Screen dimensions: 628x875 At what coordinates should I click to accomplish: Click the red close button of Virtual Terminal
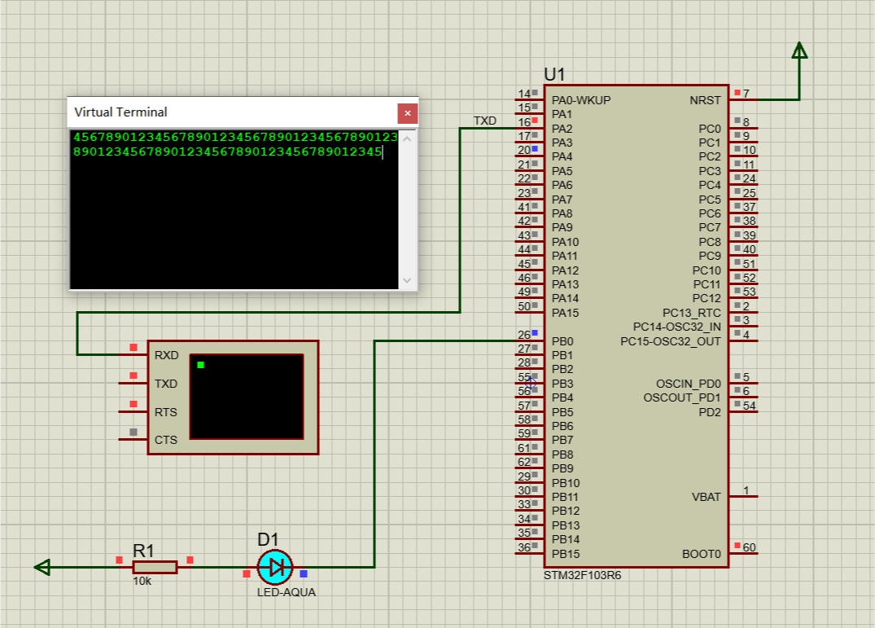[407, 112]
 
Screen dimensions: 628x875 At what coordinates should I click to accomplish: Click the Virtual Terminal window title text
[120, 112]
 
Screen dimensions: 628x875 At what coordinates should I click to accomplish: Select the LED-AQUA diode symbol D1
[275, 567]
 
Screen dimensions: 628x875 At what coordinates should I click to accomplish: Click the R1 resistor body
[155, 567]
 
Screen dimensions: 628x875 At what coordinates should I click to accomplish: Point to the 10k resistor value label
[142, 582]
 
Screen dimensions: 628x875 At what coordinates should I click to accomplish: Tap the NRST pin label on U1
[705, 100]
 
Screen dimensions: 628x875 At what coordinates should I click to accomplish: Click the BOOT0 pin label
[702, 554]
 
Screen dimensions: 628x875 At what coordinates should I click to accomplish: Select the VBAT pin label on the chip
[706, 497]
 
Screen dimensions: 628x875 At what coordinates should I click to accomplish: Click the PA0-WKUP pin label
[581, 100]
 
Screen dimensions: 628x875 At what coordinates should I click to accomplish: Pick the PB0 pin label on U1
[562, 341]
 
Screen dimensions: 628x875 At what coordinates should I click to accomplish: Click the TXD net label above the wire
[485, 121]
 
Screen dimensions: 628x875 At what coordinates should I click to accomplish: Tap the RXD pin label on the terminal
[166, 355]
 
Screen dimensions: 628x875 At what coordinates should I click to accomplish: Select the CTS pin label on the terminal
[166, 440]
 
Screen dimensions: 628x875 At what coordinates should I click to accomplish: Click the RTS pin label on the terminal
[166, 412]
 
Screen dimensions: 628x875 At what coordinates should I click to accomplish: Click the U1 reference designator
[554, 74]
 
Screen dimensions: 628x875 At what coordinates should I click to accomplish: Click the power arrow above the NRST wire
[799, 51]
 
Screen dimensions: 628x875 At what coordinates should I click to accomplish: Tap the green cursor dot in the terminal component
[200, 365]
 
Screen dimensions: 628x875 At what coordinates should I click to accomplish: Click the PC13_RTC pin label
[691, 313]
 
